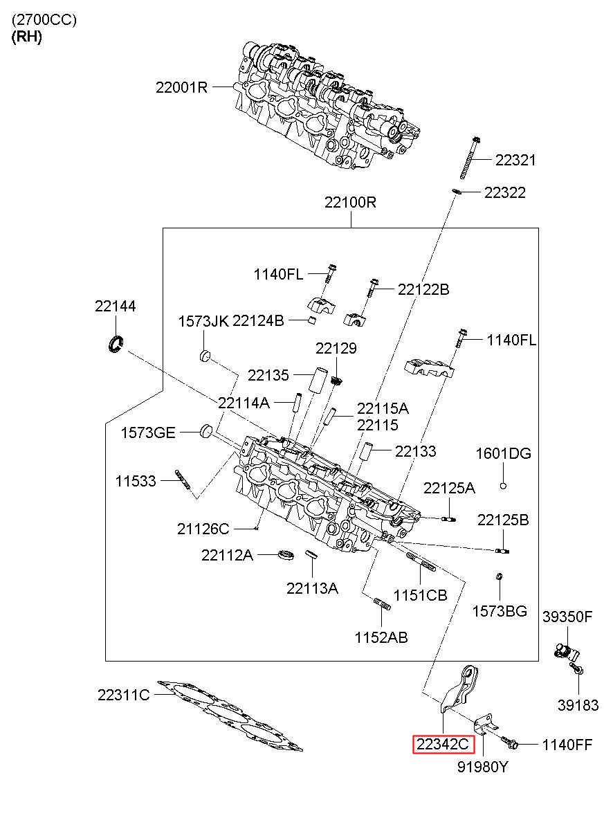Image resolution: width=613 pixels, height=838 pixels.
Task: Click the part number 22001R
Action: [181, 88]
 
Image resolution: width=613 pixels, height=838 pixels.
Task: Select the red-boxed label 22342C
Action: [443, 744]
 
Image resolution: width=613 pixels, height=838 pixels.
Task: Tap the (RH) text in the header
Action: [26, 37]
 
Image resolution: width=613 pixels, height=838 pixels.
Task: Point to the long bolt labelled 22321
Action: [470, 158]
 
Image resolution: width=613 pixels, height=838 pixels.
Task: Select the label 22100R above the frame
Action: [350, 202]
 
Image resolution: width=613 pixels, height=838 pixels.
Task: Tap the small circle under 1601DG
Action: [503, 486]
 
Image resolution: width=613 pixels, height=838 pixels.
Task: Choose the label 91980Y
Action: [483, 767]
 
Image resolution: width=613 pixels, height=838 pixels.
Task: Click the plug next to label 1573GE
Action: [206, 431]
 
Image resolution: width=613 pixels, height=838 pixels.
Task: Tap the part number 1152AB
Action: [381, 637]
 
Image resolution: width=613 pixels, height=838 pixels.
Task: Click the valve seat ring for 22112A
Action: [286, 555]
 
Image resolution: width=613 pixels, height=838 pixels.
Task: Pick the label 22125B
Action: [503, 520]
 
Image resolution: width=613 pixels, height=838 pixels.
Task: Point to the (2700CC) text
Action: [44, 20]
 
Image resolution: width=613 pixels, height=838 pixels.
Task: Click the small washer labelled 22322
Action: [457, 192]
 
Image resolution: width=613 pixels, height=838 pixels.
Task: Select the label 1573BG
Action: [500, 611]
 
